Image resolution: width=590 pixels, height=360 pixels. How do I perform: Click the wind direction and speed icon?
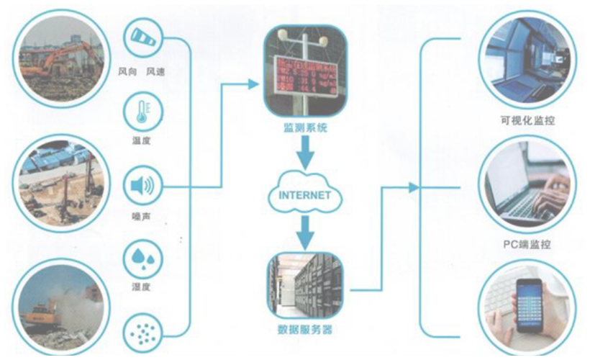(142, 39)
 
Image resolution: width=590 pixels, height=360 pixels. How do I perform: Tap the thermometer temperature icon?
(142, 112)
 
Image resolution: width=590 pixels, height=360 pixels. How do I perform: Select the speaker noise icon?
(142, 187)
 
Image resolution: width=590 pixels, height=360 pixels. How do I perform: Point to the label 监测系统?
(304, 128)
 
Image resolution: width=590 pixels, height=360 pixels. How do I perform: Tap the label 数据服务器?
(304, 330)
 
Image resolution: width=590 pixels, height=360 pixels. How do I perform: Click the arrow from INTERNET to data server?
(305, 229)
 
